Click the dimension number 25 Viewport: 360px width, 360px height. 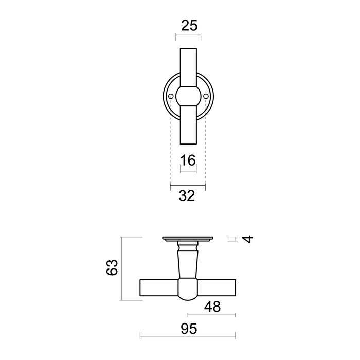point(188,25)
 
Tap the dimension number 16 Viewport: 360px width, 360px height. point(188,160)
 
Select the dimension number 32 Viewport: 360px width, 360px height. point(188,196)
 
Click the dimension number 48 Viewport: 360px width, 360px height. point(212,307)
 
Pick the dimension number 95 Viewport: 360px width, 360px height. point(188,329)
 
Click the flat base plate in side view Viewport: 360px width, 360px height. point(188,239)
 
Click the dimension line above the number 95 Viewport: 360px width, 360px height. point(188,337)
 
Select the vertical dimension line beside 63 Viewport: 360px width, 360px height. point(121,268)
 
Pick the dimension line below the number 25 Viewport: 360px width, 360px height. point(188,37)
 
